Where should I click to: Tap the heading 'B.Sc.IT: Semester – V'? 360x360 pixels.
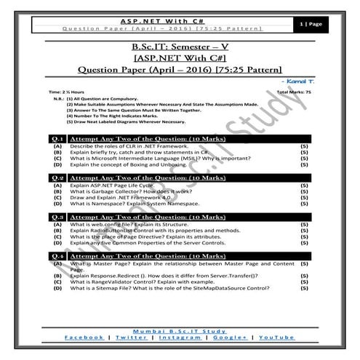(179, 48)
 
